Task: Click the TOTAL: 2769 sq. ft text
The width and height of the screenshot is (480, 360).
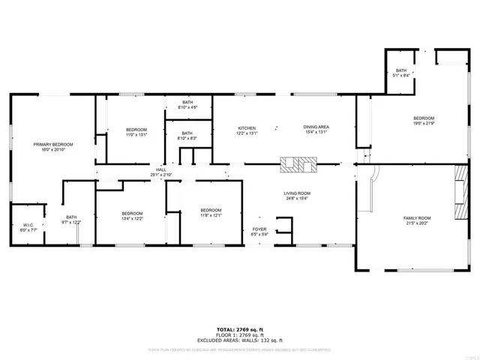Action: pyautogui.click(x=240, y=329)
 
